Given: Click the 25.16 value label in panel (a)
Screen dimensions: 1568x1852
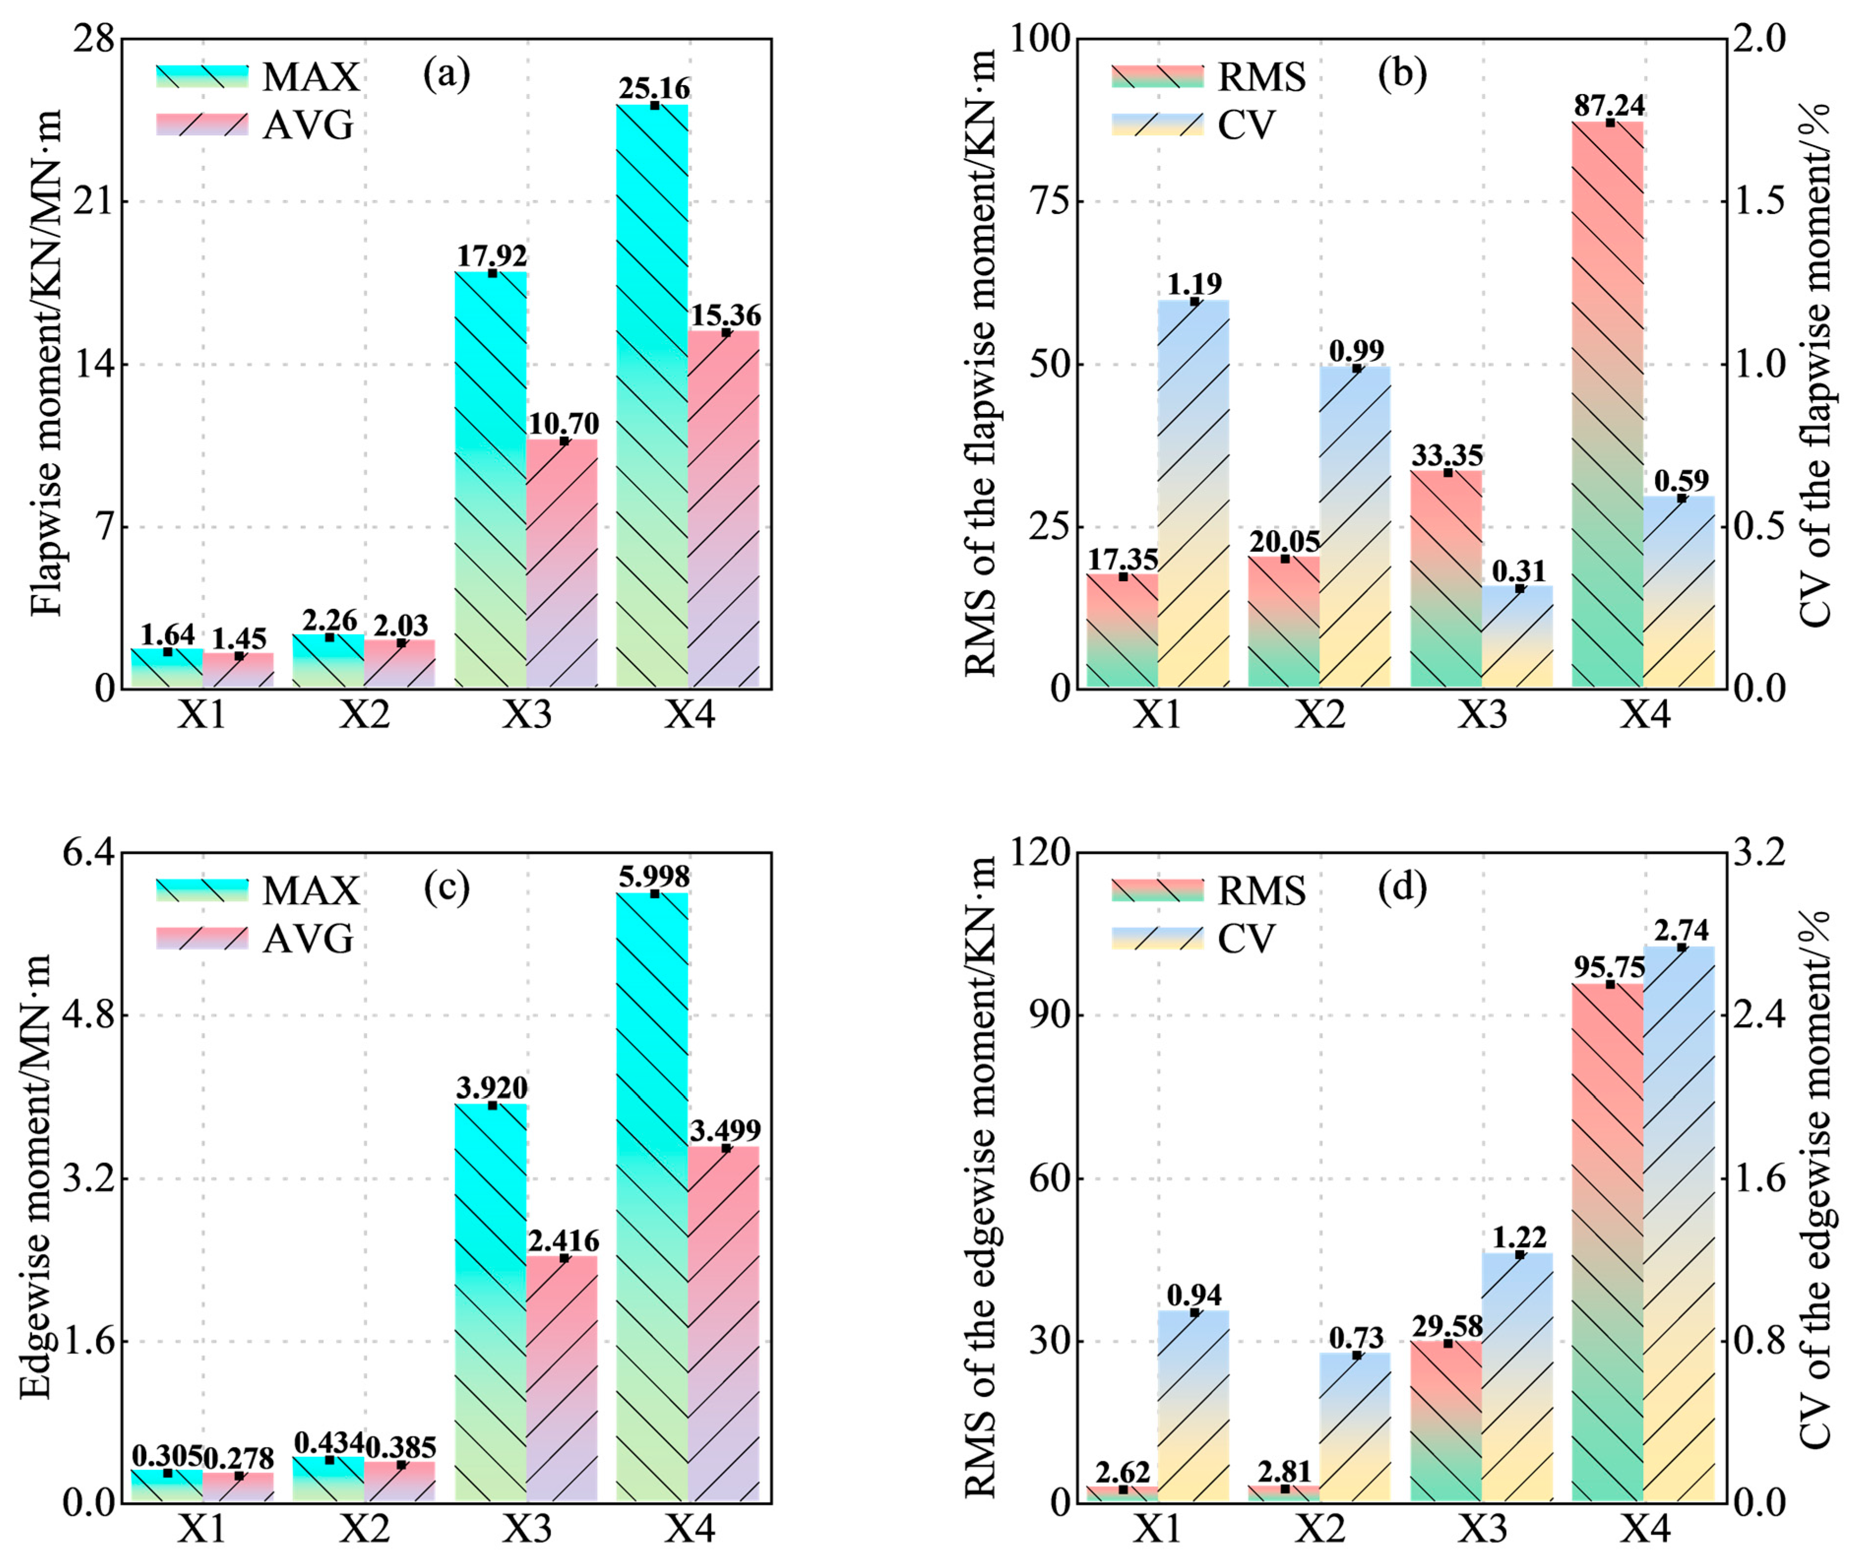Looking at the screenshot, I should coord(654,89).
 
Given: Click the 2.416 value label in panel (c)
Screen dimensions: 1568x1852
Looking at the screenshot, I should coord(563,1240).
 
